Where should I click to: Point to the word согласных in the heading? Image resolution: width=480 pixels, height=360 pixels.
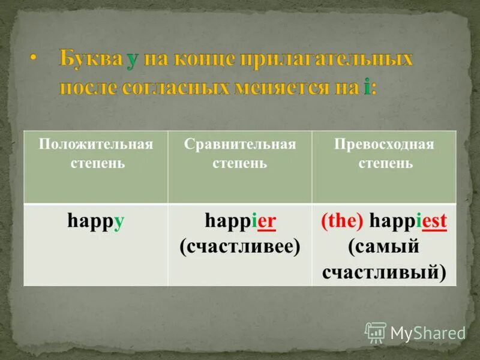tap(176, 88)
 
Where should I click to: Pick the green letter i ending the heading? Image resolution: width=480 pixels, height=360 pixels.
tap(367, 88)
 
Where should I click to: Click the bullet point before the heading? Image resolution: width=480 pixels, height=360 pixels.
tap(34, 59)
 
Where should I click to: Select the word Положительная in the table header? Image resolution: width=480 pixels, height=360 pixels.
tap(95, 145)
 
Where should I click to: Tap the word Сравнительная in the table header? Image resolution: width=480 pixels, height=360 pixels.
tap(240, 145)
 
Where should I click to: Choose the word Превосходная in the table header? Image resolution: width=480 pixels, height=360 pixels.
tap(384, 145)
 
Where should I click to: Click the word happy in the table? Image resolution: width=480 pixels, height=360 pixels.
tap(95, 221)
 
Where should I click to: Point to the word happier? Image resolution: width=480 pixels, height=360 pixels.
tap(240, 221)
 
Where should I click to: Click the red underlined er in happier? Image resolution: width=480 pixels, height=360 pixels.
tap(266, 221)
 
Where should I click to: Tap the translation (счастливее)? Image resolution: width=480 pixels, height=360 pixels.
tap(240, 246)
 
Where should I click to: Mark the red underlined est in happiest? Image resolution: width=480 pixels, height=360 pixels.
tap(434, 221)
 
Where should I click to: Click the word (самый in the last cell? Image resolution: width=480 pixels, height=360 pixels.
tap(384, 246)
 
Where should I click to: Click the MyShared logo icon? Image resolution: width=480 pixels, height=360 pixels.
tap(376, 332)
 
